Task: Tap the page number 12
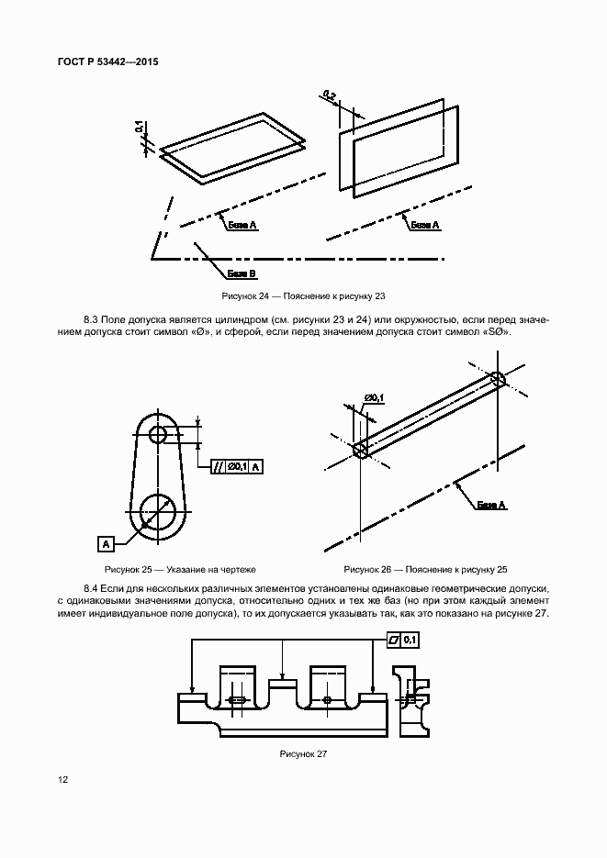[62, 779]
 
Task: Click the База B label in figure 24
[242, 273]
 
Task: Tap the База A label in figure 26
[491, 505]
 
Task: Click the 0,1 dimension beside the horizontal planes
[139, 128]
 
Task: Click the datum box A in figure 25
[106, 544]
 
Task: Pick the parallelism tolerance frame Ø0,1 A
[238, 466]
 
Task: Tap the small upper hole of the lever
[158, 434]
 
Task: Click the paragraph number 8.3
[92, 318]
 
